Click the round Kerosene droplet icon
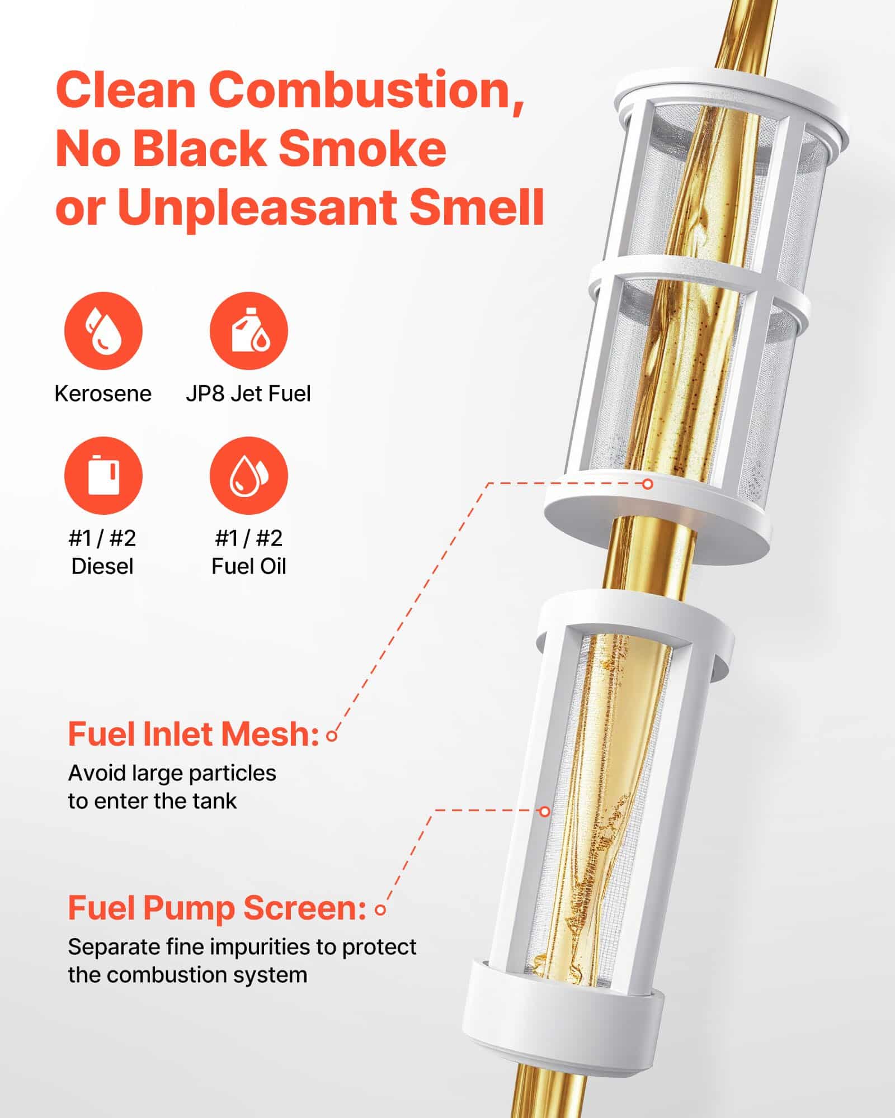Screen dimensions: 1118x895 (x=103, y=330)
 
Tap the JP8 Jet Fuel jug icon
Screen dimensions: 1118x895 (x=248, y=330)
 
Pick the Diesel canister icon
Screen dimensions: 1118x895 (x=103, y=476)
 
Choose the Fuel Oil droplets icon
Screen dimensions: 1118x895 (x=248, y=476)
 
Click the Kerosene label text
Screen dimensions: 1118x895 (x=103, y=394)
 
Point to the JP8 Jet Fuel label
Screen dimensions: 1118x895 (x=248, y=394)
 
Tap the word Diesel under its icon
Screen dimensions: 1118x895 (x=102, y=566)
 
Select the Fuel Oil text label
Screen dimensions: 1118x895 (x=248, y=566)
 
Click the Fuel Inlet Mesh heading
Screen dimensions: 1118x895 (x=193, y=735)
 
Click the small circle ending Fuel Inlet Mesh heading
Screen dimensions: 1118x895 (x=332, y=736)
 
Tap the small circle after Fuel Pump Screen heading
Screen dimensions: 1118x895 (x=380, y=910)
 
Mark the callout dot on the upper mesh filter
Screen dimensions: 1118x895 (x=648, y=484)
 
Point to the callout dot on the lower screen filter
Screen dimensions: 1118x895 (x=544, y=811)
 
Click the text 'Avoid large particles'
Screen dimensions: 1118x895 (x=172, y=774)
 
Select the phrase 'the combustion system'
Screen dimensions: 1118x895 (x=187, y=975)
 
